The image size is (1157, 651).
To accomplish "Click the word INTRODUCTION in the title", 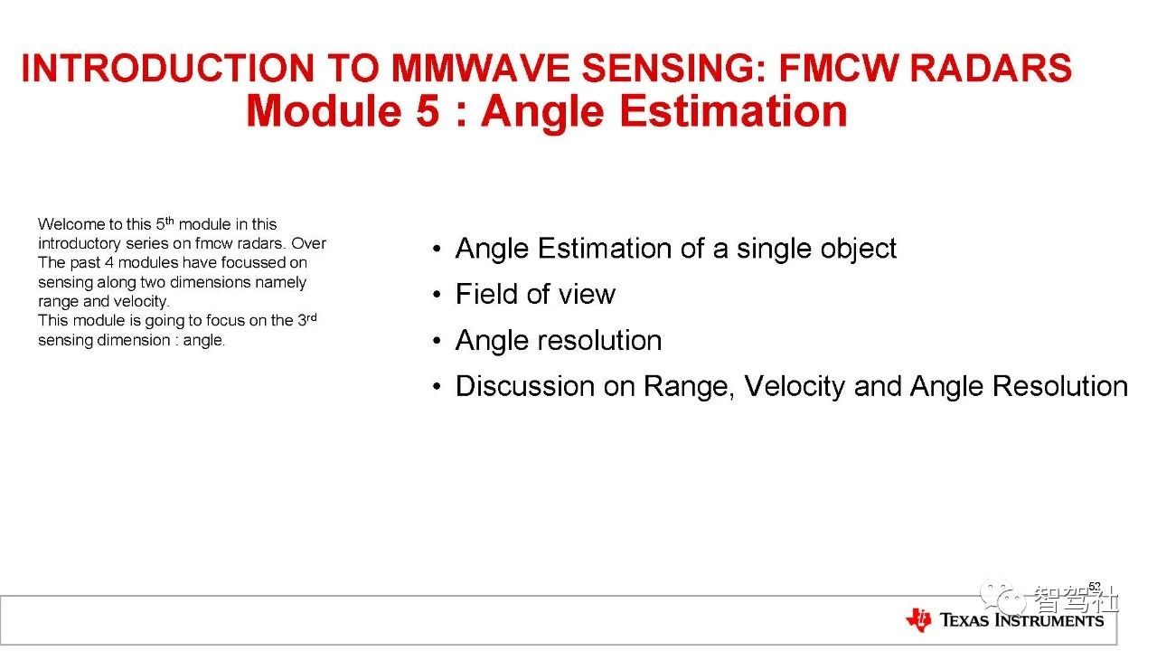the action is tap(168, 68).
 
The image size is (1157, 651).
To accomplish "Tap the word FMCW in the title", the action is tap(839, 68).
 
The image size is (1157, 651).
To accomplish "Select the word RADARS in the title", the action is tap(992, 68).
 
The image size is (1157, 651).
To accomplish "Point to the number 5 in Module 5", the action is tap(428, 111).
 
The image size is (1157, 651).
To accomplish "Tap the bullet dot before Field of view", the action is tap(437, 295).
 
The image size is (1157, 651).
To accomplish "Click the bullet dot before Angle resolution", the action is tap(437, 341).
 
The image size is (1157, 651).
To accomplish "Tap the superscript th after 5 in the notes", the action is tap(169, 221).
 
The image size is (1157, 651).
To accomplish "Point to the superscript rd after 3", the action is tap(312, 316).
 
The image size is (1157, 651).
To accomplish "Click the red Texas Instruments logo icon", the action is tap(919, 619).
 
